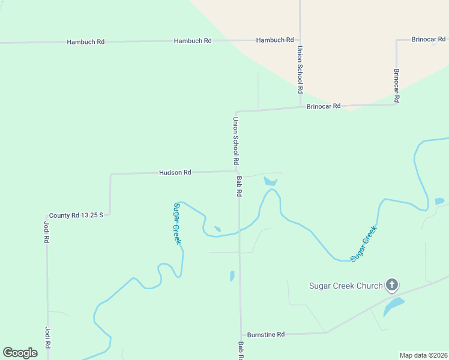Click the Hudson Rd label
175,173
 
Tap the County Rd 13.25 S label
76,215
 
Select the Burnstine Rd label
265,334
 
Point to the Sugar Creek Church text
345,286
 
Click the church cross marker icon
392,285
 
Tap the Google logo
20,353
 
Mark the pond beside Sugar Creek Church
393,306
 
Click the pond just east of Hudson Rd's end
270,181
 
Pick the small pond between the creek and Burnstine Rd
232,276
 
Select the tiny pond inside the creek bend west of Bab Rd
217,229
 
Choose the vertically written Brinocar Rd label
396,84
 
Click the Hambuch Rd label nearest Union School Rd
274,40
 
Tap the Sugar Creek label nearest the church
364,242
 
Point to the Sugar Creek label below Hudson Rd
177,223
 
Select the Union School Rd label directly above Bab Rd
236,141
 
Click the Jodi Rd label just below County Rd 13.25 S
46,232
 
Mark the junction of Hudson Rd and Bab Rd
238,172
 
